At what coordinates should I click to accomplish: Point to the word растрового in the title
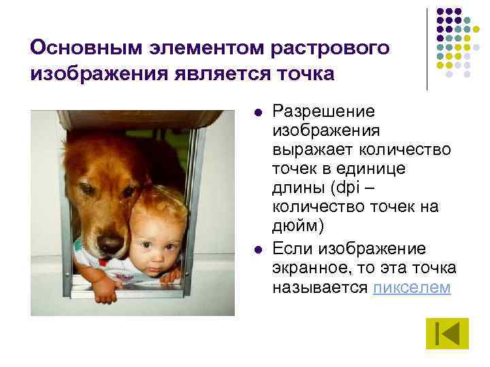pyautogui.click(x=331, y=48)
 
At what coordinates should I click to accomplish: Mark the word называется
pyautogui.click(x=320, y=287)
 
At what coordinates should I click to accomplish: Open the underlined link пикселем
pyautogui.click(x=412, y=287)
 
